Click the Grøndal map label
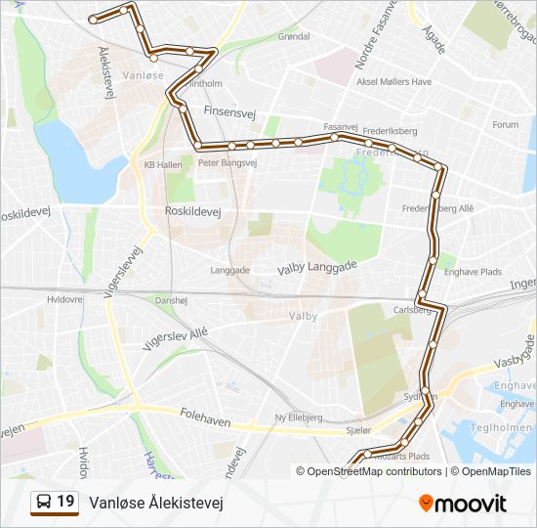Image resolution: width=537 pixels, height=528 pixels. click(x=294, y=37)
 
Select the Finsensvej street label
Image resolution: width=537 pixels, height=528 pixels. click(x=229, y=112)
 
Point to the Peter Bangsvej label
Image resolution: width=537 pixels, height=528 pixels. click(x=227, y=163)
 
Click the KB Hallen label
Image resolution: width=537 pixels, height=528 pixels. click(x=163, y=165)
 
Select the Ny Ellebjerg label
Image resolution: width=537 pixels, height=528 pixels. click(x=299, y=418)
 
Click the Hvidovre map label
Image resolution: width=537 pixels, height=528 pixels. click(x=64, y=299)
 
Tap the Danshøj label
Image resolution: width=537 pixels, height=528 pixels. click(x=171, y=301)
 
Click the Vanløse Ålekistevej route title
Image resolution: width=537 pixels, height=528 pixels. click(x=156, y=504)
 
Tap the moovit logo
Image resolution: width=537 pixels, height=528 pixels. click(x=463, y=504)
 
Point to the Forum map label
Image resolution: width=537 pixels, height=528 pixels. click(x=505, y=125)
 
